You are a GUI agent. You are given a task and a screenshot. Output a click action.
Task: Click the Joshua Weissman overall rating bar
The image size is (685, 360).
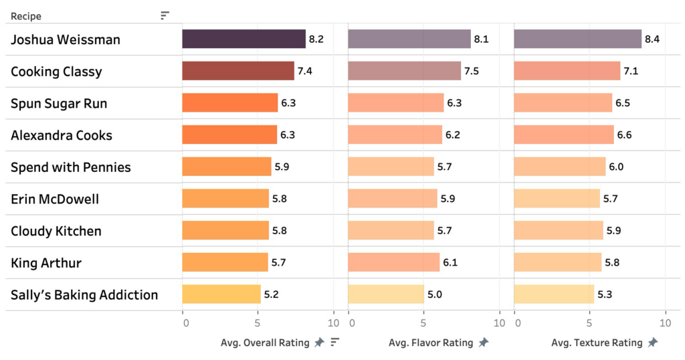243,39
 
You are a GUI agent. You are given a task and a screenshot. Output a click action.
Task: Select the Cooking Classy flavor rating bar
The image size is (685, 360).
404,71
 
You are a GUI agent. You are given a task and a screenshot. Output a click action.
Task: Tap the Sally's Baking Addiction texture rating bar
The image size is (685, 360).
554,294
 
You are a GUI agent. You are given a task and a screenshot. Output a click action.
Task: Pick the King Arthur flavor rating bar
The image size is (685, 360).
393,263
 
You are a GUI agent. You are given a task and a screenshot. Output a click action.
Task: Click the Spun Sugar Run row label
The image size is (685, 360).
59,104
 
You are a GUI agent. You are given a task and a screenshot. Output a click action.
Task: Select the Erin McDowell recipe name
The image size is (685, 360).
55,199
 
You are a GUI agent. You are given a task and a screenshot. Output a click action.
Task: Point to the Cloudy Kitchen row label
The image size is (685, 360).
56,232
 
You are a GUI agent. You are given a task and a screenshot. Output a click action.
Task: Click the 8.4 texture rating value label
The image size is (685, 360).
652,39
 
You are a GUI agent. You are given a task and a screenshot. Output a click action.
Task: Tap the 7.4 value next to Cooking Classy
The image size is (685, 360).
304,71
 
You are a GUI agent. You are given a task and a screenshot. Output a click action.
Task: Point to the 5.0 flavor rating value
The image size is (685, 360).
435,294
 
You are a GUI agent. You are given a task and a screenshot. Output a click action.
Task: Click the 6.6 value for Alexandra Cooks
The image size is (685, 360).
624,135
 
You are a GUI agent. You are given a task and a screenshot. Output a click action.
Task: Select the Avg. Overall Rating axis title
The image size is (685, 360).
266,343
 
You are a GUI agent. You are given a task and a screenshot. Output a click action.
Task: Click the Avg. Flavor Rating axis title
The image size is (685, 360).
431,343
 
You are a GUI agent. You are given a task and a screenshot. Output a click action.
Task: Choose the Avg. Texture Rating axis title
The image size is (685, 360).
597,343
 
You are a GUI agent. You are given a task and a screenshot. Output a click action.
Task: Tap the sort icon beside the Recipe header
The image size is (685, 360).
165,15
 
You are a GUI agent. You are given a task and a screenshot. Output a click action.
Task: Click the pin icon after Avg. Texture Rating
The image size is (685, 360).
652,343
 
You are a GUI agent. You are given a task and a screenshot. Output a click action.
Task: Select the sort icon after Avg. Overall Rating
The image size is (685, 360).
335,343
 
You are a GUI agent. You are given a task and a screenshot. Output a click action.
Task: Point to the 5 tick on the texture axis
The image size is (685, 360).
589,323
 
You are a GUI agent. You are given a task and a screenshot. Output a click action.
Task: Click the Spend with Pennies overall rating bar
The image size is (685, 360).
227,167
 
